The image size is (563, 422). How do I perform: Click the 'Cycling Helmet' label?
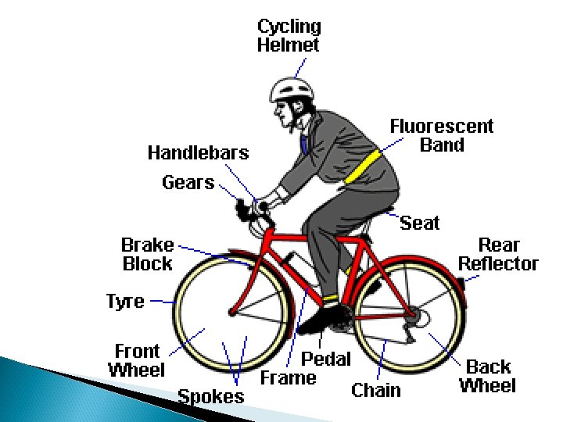(x=289, y=35)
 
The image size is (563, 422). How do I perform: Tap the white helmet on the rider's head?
(x=290, y=88)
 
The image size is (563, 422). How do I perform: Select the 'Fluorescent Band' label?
(x=442, y=135)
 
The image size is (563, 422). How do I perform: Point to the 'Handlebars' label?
(x=198, y=152)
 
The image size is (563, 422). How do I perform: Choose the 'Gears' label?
(x=188, y=183)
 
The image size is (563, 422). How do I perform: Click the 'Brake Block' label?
(x=147, y=254)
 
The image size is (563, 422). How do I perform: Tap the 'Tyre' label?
(x=125, y=301)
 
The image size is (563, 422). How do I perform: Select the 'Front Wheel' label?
(x=137, y=360)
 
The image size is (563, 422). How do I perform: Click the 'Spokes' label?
(x=210, y=395)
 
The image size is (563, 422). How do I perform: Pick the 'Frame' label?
(x=288, y=378)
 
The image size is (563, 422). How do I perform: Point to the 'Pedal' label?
(x=326, y=359)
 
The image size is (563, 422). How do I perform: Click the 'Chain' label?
(x=375, y=389)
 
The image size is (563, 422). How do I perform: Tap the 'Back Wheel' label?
(x=487, y=376)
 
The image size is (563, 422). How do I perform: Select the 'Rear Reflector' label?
(x=498, y=254)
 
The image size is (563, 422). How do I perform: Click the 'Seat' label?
(x=419, y=224)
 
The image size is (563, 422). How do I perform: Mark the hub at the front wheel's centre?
(x=231, y=312)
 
